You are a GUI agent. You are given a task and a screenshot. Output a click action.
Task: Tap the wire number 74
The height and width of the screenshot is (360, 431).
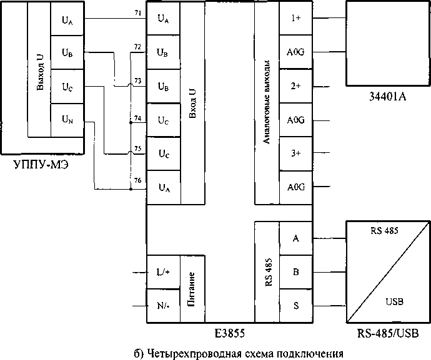[x=137, y=117]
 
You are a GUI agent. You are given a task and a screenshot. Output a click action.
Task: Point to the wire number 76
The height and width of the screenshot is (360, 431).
[x=137, y=180]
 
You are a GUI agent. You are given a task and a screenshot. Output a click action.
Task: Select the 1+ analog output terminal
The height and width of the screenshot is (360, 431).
[x=295, y=18]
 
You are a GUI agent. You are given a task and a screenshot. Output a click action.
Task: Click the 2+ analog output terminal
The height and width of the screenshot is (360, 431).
[x=295, y=86]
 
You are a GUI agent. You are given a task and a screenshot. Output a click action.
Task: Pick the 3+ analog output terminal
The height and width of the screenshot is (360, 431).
[x=295, y=153]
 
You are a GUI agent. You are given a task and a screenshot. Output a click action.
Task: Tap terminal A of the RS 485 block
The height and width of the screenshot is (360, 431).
[x=295, y=238]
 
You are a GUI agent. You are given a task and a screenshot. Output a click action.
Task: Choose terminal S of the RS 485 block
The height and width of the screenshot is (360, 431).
[x=295, y=306]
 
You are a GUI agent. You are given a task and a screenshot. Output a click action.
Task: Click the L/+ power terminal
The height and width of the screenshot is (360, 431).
[x=162, y=273]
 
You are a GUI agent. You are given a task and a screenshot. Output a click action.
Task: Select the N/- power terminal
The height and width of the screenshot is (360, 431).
[x=162, y=306]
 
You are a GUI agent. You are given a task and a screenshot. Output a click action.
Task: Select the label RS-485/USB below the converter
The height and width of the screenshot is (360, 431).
[x=387, y=332]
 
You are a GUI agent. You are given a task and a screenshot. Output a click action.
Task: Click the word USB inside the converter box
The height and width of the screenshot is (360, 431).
[x=395, y=302]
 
